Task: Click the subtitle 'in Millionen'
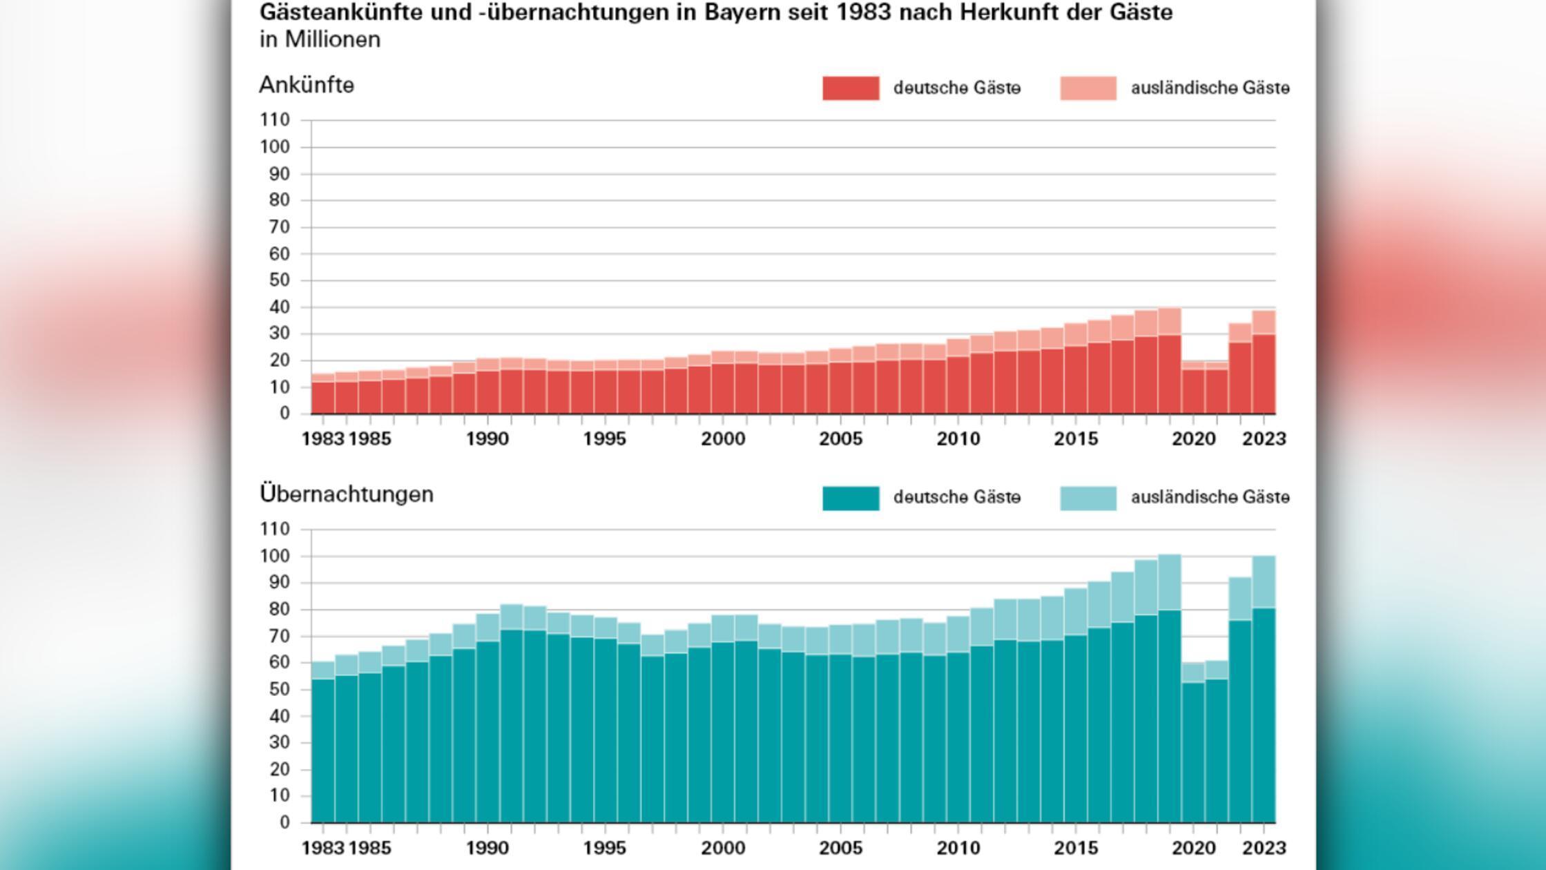click(320, 40)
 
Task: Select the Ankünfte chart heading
click(307, 86)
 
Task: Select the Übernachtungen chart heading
click(347, 494)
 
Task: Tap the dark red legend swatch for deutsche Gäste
click(851, 88)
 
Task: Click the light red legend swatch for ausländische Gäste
click(1088, 88)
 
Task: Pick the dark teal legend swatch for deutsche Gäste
click(851, 498)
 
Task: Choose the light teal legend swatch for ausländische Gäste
click(1088, 498)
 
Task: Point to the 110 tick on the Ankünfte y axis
click(275, 120)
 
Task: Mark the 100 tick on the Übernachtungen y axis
click(275, 557)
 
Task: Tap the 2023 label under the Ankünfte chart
click(1264, 438)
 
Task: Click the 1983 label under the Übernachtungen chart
click(322, 848)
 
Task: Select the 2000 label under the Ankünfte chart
click(723, 438)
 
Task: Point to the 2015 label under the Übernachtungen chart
click(1075, 848)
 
